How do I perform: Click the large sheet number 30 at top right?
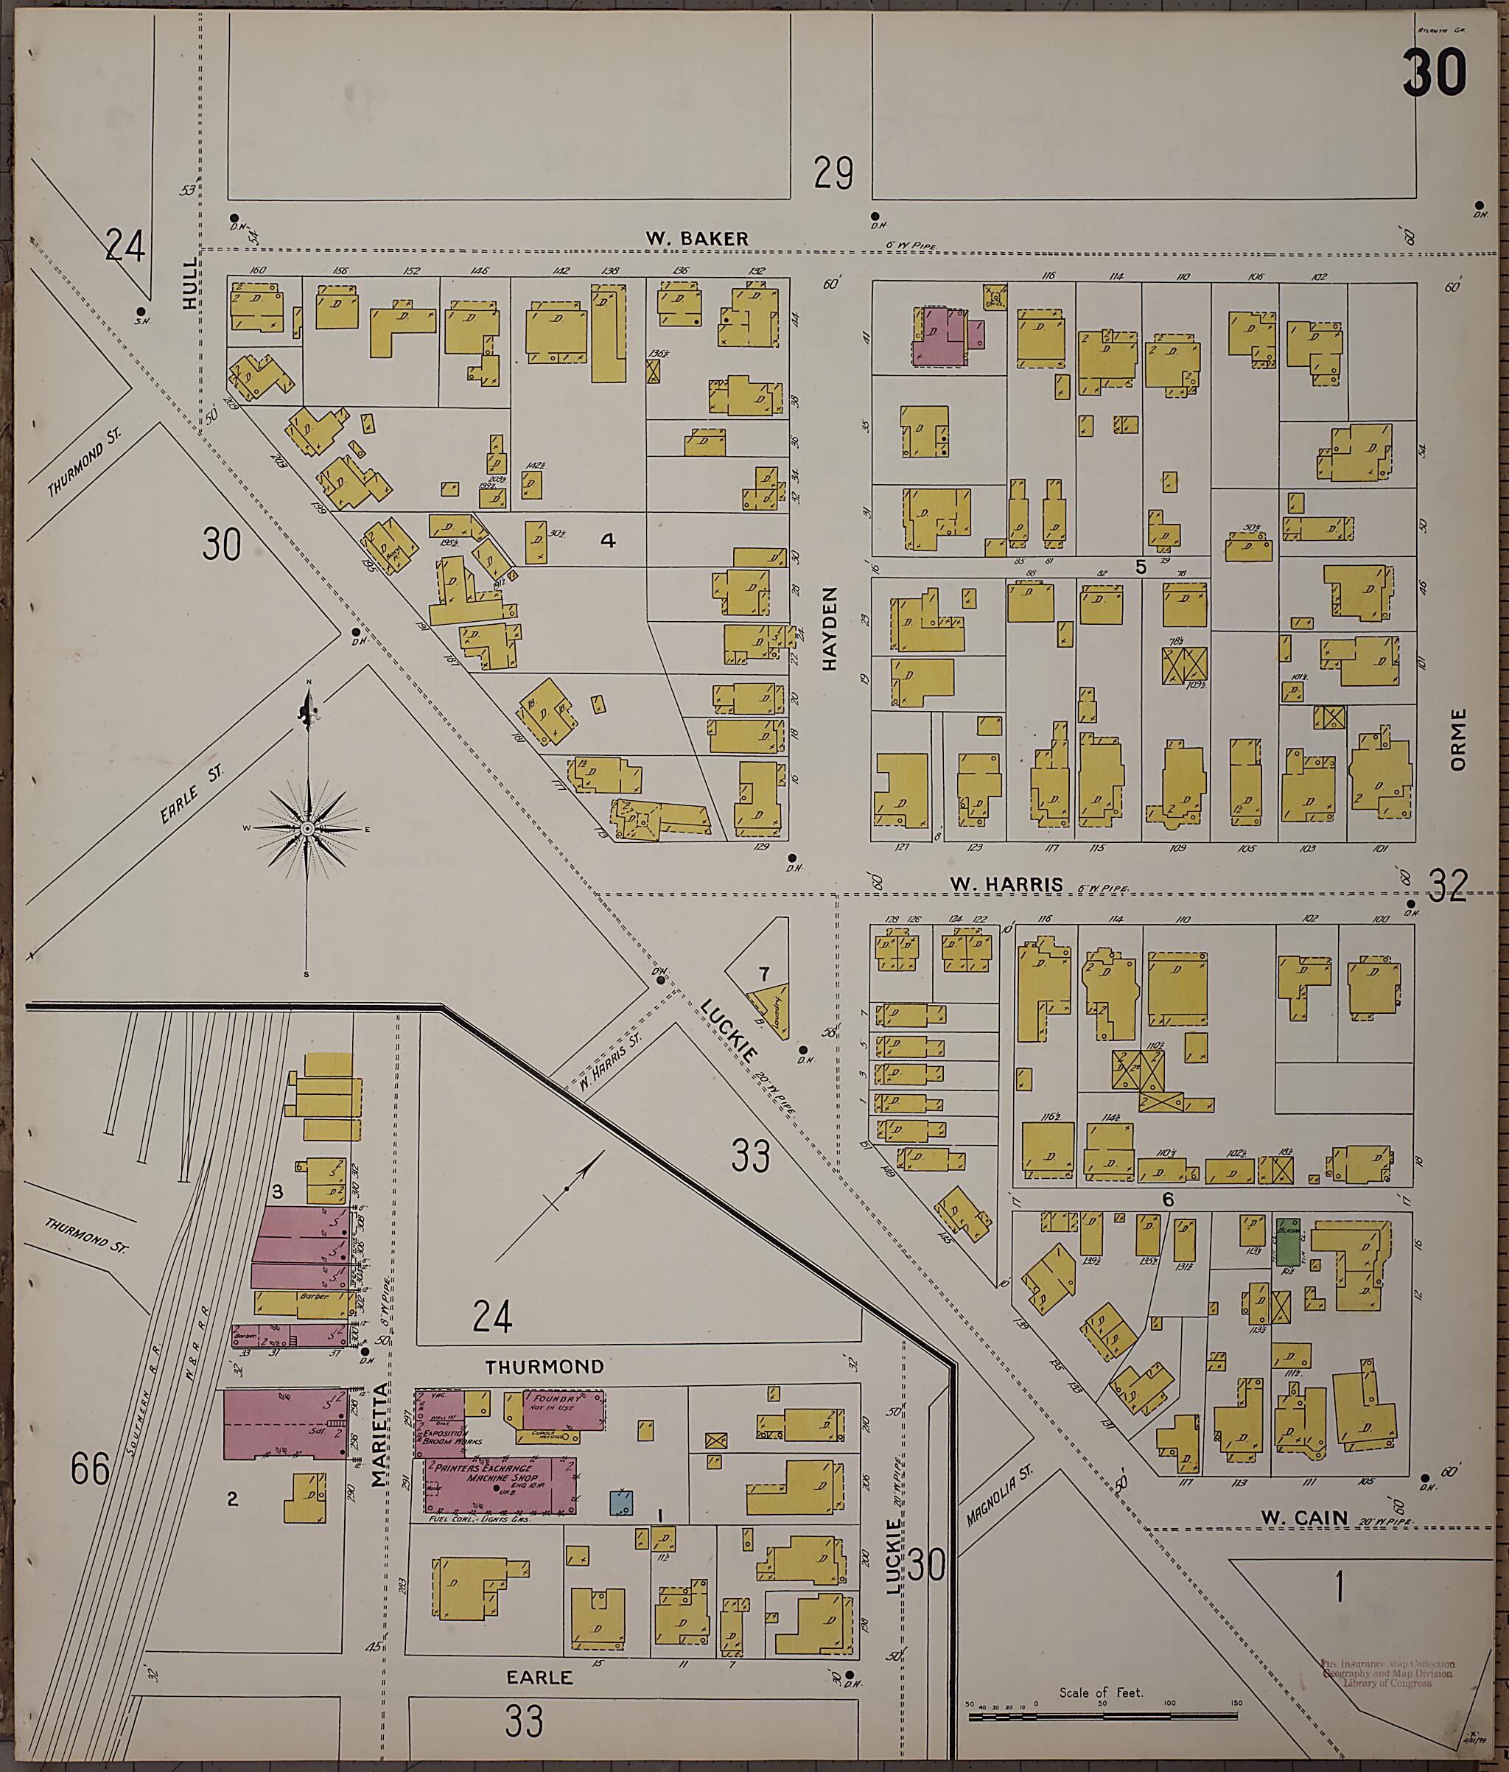[x=1434, y=74]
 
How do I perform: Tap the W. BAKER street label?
[x=696, y=239]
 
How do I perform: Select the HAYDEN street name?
[x=829, y=628]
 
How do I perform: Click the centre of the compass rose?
[x=307, y=829]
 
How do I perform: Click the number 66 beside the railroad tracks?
[x=90, y=1470]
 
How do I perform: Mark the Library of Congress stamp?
[x=1387, y=1673]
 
